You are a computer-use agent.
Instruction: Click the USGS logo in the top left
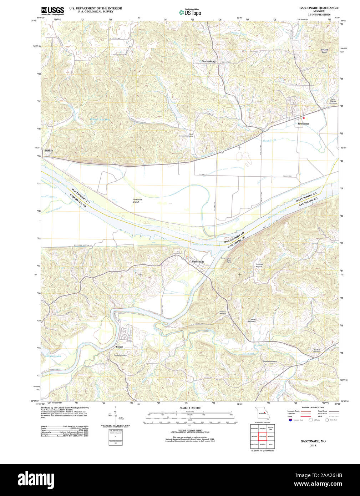(x=52, y=10)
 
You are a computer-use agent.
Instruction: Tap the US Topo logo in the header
(x=190, y=12)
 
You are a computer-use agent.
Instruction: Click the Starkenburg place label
(x=209, y=61)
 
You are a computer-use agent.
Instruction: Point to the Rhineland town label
(x=304, y=123)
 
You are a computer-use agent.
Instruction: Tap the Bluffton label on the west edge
(x=49, y=151)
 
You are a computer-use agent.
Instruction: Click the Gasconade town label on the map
(x=198, y=262)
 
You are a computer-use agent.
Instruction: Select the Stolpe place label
(x=120, y=347)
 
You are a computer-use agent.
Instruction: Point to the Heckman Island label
(x=137, y=201)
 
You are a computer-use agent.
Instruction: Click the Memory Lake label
(x=53, y=356)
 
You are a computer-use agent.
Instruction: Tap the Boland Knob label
(x=324, y=51)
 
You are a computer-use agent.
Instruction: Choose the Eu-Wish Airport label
(x=259, y=265)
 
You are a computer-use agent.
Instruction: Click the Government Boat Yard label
(x=226, y=260)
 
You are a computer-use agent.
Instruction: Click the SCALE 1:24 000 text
(x=190, y=408)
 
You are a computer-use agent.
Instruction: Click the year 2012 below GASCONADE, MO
(x=313, y=445)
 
